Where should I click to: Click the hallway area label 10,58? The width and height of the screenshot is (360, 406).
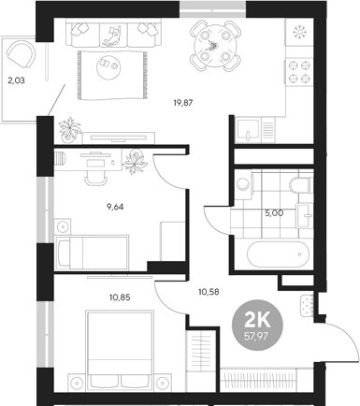[209, 291]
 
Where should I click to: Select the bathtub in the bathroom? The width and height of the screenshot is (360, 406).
[274, 253]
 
